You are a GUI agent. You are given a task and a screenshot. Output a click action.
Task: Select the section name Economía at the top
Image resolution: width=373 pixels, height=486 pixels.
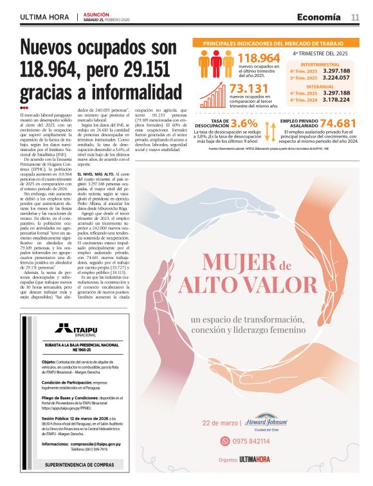coord(320,17)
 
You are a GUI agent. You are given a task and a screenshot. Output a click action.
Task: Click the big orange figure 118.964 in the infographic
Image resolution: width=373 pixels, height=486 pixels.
coord(259,59)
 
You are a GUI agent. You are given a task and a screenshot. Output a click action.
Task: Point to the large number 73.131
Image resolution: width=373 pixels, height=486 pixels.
coord(248,89)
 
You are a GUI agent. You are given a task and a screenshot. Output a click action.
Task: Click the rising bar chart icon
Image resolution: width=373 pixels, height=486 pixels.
coord(213,96)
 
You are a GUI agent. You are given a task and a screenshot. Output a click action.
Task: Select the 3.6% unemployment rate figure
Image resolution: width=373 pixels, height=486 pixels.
coord(244,123)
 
